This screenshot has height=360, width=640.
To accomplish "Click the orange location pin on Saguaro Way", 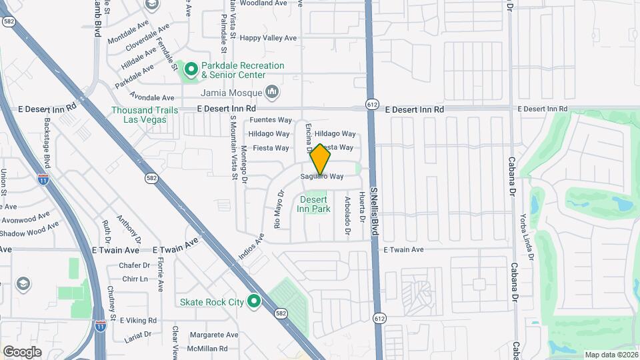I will pos(321,159).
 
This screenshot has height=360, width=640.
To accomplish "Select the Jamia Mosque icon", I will pos(271,91).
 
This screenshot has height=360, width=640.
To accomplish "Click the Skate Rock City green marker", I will pos(253,302).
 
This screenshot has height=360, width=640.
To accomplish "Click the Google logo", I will pos(22,351).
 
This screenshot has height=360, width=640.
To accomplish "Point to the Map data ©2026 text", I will pos(611,354).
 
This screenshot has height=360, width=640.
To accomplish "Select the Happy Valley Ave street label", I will pos(269,38).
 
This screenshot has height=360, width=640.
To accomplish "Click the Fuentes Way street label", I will pos(271,120).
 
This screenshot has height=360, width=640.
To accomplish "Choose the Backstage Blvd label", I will pos(47,143).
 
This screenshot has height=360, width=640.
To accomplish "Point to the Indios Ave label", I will pos(251,247).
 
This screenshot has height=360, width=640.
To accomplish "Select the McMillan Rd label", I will pos(207,349).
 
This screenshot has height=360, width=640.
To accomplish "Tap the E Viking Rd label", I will pos(138,321).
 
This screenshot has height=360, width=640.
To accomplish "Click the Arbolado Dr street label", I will pos(347,216).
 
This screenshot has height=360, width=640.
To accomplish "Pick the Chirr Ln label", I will pos(135,279).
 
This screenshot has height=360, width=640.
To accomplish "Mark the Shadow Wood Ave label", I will pos(30,232).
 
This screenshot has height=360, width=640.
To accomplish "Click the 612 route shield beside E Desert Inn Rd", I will pos(372,104).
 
